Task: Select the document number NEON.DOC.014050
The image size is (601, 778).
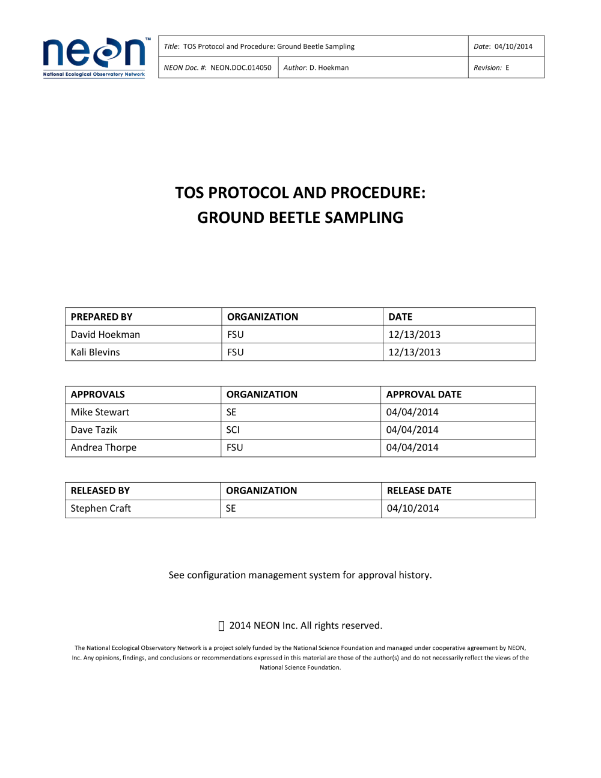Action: pyautogui.click(x=240, y=68)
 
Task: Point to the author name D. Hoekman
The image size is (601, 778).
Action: pyautogui.click(x=329, y=68)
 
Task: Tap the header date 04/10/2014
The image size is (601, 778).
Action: pyautogui.click(x=513, y=46)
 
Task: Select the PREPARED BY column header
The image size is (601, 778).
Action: pyautogui.click(x=102, y=317)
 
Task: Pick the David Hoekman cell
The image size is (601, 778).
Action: pyautogui.click(x=105, y=334)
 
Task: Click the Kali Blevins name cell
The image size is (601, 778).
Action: pyautogui.click(x=95, y=352)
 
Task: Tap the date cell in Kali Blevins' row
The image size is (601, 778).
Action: pyautogui.click(x=414, y=352)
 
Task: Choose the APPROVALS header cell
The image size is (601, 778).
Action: pyautogui.click(x=98, y=394)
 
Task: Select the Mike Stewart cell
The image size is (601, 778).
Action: pyautogui.click(x=100, y=412)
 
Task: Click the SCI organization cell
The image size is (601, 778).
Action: pyautogui.click(x=233, y=430)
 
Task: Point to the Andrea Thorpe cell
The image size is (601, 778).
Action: pyautogui.click(x=103, y=448)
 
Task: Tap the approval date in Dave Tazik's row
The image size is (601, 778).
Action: pyautogui.click(x=412, y=430)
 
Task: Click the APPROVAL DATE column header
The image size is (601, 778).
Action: pyautogui.click(x=424, y=394)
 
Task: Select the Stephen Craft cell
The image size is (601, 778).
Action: pyautogui.click(x=100, y=509)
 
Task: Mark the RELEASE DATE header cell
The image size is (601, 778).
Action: pyautogui.click(x=419, y=491)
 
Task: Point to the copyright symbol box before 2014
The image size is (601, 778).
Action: pyautogui.click(x=221, y=626)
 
